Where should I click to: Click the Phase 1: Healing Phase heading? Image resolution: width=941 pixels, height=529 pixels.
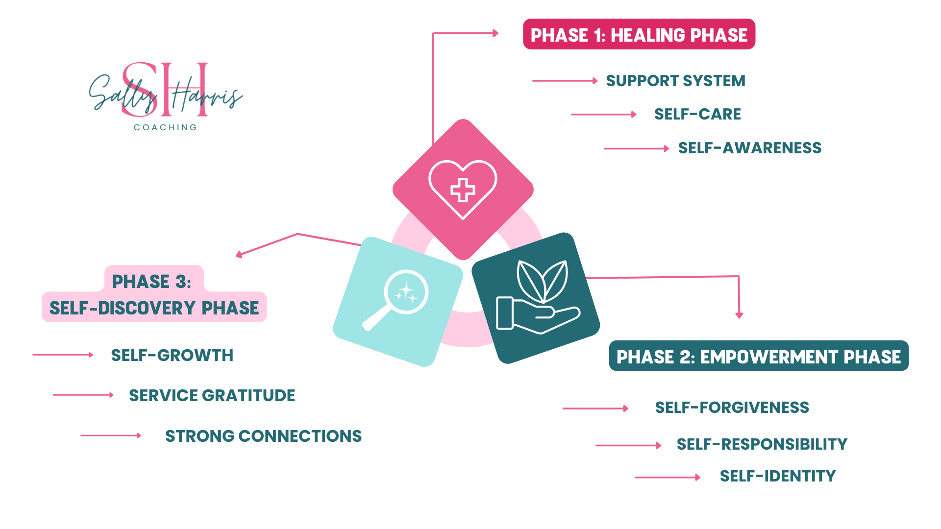tap(639, 35)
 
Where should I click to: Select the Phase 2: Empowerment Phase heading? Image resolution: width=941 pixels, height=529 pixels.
tap(758, 357)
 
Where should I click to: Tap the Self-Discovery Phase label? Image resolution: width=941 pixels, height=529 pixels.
tap(154, 308)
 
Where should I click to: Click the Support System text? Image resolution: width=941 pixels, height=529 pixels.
tap(675, 81)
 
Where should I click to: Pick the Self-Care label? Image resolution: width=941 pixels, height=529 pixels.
tap(697, 114)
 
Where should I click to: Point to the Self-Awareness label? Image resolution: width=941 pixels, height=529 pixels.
tap(749, 148)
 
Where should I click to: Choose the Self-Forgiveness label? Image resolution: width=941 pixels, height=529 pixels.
tap(732, 408)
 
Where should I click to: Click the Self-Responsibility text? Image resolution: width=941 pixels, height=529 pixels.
tap(762, 444)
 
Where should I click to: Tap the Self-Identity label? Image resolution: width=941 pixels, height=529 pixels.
tap(777, 476)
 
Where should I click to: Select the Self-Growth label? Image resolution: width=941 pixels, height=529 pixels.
tap(172, 356)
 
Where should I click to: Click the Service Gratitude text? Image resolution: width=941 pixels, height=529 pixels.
tap(212, 396)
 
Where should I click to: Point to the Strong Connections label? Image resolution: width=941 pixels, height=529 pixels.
tap(263, 436)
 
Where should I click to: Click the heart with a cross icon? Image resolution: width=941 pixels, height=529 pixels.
tap(463, 189)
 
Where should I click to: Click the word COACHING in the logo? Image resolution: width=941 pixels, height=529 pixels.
tap(165, 127)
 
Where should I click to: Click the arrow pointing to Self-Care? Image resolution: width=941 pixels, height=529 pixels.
tap(603, 115)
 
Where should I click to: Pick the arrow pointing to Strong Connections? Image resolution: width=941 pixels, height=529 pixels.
tap(111, 435)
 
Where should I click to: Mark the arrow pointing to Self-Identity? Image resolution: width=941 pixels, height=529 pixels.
tap(667, 477)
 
